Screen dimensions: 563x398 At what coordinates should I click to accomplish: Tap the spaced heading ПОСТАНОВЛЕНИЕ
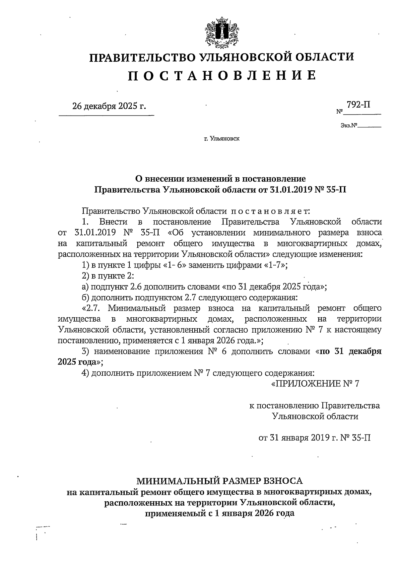[222, 75]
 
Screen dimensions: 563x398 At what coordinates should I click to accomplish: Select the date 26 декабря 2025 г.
[109, 106]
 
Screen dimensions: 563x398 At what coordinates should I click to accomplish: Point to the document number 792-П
[359, 105]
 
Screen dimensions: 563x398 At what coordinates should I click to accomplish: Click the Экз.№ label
[348, 126]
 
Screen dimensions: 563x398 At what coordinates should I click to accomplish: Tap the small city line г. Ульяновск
[222, 138]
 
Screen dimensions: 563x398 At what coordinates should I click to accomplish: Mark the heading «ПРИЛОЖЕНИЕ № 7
[315, 384]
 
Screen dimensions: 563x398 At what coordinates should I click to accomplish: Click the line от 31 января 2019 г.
[314, 437]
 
